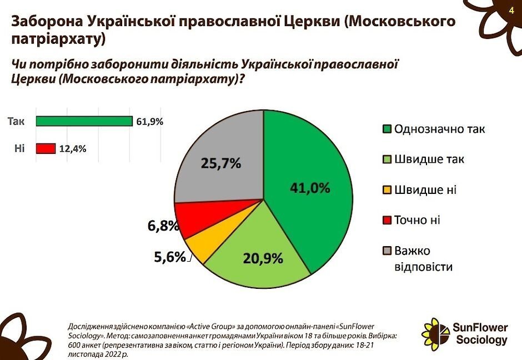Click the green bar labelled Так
click(x=84, y=121)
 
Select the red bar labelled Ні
click(x=46, y=148)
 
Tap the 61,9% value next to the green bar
click(x=149, y=121)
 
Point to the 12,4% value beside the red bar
click(x=73, y=148)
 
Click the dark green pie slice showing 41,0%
click(x=311, y=189)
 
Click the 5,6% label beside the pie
click(x=170, y=257)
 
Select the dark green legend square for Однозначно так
click(x=388, y=129)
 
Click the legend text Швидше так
click(x=429, y=159)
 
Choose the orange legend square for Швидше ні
click(x=388, y=190)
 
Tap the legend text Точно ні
click(x=417, y=220)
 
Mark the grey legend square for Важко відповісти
click(x=388, y=251)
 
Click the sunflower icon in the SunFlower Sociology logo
click(x=435, y=334)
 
